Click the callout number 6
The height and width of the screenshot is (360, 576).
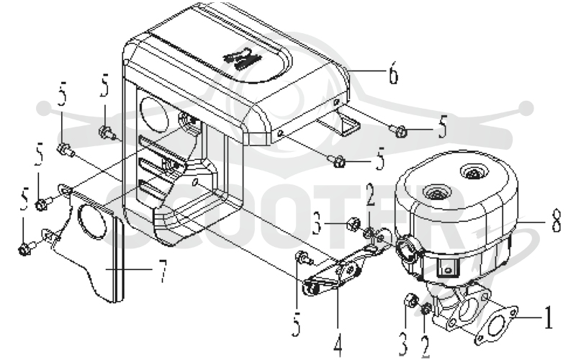pyautogui.click(x=393, y=73)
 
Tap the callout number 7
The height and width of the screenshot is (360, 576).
pyautogui.click(x=163, y=271)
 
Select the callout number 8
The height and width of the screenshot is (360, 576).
pyautogui.click(x=557, y=220)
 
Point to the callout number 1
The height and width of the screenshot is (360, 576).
pyautogui.click(x=548, y=318)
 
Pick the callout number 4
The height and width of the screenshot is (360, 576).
pyautogui.click(x=338, y=345)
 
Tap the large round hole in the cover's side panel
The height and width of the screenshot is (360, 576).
pyautogui.click(x=154, y=114)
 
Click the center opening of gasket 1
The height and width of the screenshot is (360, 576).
pyautogui.click(x=495, y=325)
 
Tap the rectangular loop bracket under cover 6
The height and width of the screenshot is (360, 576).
pyautogui.click(x=338, y=123)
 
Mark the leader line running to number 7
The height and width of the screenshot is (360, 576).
pyautogui.click(x=129, y=269)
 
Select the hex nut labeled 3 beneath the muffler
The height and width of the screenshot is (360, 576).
pyautogui.click(x=410, y=300)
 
